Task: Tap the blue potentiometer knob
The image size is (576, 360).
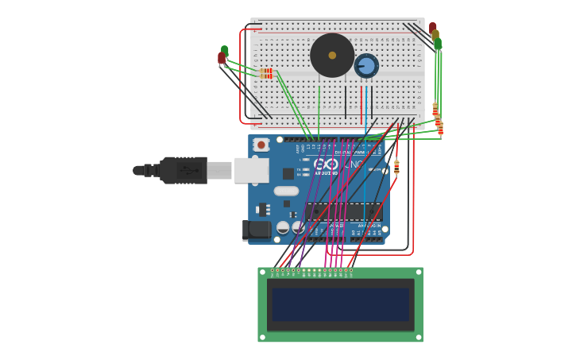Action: tap(366, 65)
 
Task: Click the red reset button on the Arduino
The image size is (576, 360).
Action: tap(261, 145)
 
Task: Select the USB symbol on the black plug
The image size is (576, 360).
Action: tap(188, 170)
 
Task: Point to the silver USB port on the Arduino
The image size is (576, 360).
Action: tap(251, 170)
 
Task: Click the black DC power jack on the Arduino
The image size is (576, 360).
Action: tap(256, 230)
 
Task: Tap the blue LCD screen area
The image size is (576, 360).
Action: tap(340, 304)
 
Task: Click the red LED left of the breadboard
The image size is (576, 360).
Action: tap(222, 58)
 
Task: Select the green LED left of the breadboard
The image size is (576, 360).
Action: tap(225, 51)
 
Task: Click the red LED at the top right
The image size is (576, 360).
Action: tap(432, 28)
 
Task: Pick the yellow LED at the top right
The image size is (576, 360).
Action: tap(435, 35)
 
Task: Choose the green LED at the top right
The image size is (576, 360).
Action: tap(437, 43)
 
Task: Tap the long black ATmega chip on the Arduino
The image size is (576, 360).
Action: tap(343, 211)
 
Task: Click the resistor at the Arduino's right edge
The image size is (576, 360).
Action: tap(396, 167)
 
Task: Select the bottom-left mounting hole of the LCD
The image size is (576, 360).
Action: tap(263, 337)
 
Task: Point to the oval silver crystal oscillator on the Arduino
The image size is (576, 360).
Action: tap(286, 191)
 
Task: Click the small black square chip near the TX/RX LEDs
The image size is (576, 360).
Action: tap(288, 173)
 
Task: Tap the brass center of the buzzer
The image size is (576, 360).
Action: tap(332, 55)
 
